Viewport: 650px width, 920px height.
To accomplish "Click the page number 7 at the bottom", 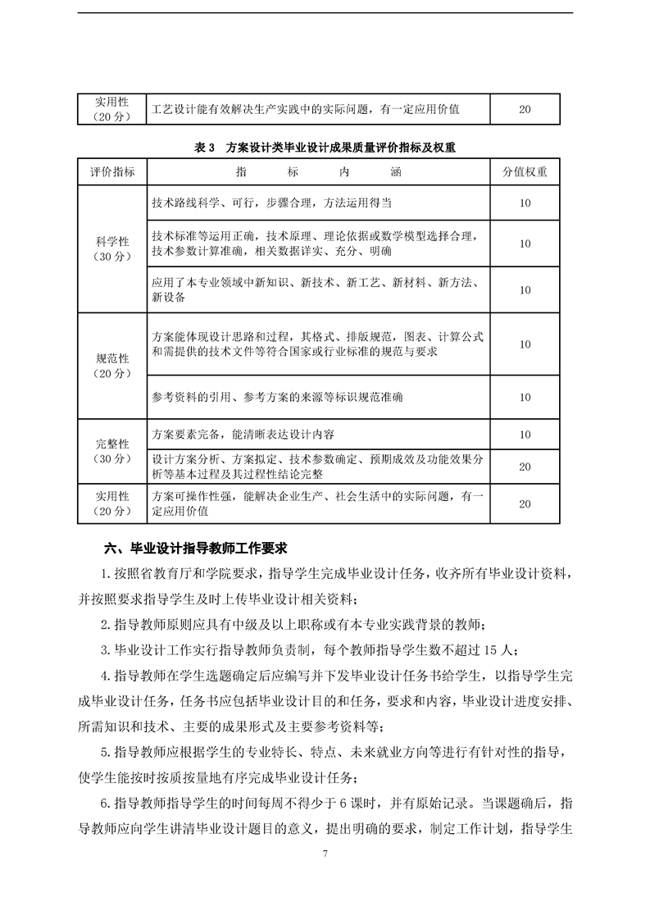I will [325, 854].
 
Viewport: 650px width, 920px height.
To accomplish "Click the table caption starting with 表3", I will [325, 148].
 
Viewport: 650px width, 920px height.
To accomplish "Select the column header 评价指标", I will [112, 173].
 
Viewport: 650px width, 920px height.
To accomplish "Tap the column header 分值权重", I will [525, 173].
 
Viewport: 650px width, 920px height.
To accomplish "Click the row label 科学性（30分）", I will [112, 249].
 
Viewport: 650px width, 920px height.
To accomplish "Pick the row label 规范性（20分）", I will [112, 366].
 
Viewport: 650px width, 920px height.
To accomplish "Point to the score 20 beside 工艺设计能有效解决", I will [525, 108].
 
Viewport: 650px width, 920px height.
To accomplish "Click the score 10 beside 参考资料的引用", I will [525, 397].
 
